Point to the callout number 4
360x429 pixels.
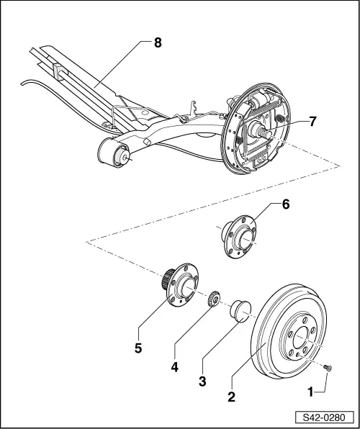click(174, 366)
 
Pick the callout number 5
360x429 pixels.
click(137, 348)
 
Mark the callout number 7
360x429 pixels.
click(312, 122)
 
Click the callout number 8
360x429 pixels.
click(158, 42)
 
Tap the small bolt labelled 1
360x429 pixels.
click(328, 367)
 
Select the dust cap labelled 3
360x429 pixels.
click(240, 311)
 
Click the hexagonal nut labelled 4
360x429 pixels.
click(214, 299)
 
